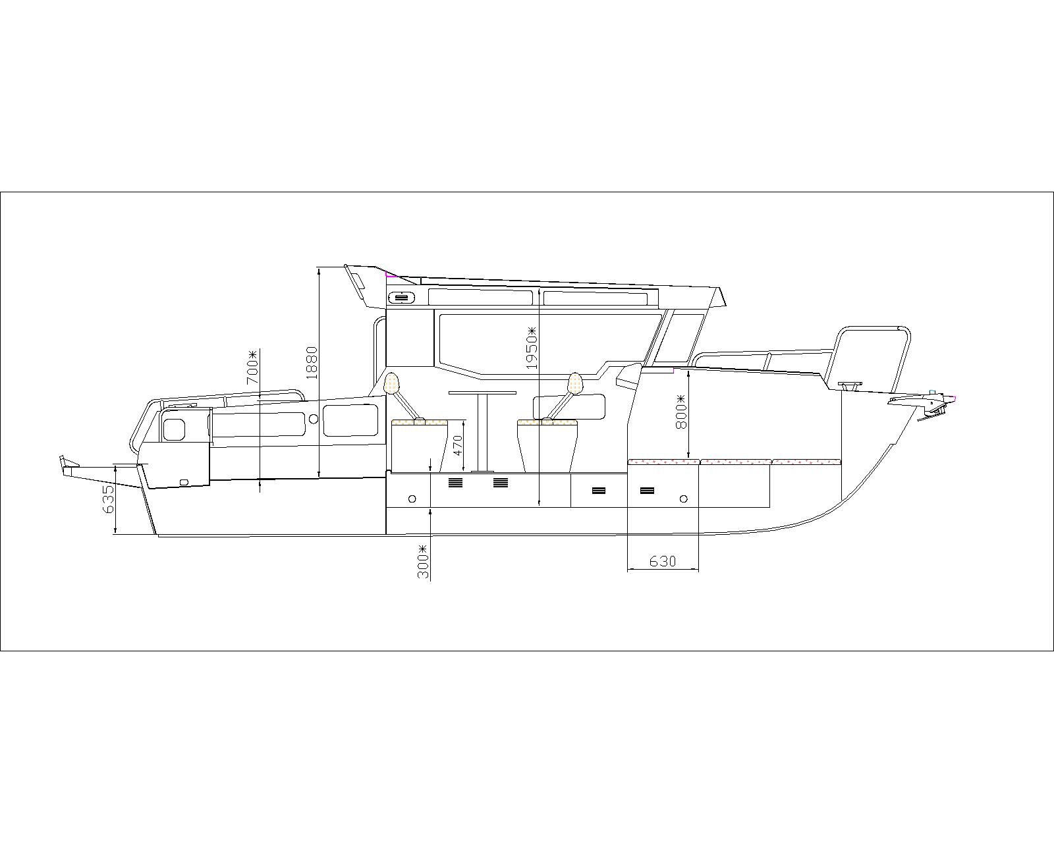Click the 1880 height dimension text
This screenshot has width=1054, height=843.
click(x=312, y=362)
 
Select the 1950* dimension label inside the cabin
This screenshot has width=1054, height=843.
click(x=532, y=348)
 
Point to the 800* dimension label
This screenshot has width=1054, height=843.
click(x=681, y=412)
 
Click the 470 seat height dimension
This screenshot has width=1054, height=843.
click(x=458, y=446)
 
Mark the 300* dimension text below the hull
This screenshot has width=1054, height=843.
click(x=423, y=561)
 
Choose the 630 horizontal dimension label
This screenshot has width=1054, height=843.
click(x=663, y=561)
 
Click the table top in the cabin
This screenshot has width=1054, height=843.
click(x=482, y=393)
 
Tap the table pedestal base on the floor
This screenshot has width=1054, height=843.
click(x=482, y=472)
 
